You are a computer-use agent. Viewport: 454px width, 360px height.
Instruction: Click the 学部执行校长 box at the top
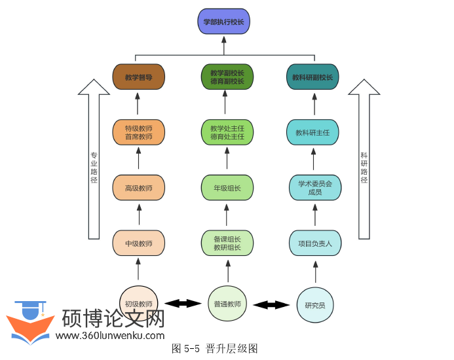point(224,21)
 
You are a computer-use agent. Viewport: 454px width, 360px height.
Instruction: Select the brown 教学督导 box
point(138,77)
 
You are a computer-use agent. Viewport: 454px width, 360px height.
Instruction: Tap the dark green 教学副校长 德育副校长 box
point(227,77)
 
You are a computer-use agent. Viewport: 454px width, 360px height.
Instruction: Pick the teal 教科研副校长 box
point(312,77)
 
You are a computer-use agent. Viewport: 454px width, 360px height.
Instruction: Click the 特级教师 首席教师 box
point(138,132)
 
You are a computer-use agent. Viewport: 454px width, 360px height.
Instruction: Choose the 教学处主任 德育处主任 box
point(227,132)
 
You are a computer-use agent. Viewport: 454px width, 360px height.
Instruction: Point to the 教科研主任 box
point(312,132)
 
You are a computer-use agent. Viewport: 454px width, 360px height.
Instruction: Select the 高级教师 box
point(138,187)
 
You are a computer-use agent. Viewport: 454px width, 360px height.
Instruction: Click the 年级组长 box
point(227,187)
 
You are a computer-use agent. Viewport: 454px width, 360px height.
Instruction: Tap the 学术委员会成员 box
point(314,187)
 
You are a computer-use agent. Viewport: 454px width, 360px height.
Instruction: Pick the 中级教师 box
point(138,243)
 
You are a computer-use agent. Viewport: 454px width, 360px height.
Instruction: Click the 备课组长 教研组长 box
point(227,243)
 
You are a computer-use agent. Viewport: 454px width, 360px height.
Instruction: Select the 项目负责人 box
point(314,243)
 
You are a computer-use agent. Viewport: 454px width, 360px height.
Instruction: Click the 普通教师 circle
point(227,304)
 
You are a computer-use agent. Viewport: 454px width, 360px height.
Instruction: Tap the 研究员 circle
point(314,305)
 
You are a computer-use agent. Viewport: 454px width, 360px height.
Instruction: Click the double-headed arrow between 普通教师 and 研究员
point(271,304)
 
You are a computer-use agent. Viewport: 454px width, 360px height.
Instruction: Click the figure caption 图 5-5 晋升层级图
point(215,348)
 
